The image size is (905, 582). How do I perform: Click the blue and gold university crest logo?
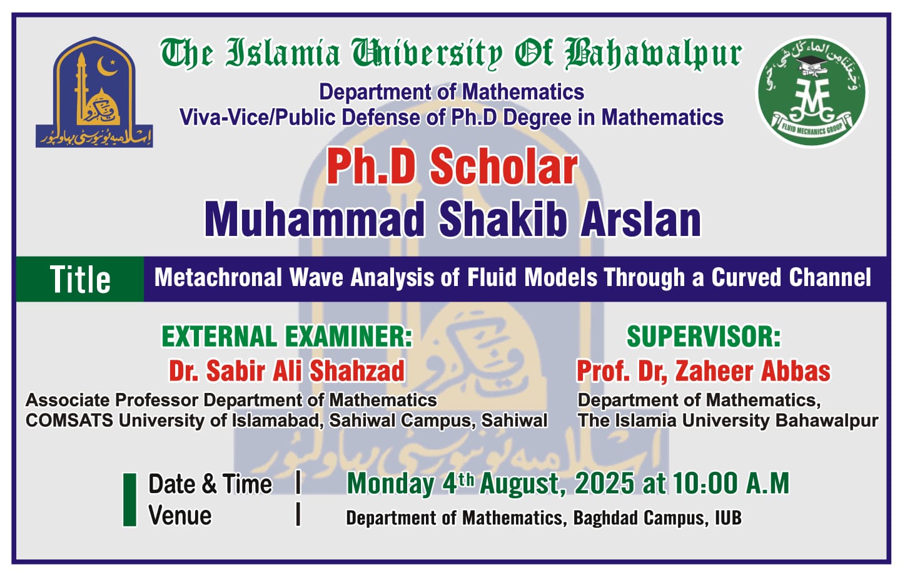[x=94, y=92]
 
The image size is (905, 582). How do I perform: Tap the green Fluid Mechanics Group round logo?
[x=812, y=92]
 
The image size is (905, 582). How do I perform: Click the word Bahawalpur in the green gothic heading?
[x=654, y=54]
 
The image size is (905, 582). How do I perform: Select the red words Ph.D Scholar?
[x=452, y=166]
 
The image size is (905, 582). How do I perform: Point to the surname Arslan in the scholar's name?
[x=640, y=219]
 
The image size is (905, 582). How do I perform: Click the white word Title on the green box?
[x=80, y=279]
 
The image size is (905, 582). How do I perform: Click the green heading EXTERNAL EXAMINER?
[x=286, y=337]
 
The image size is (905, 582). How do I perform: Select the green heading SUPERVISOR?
[x=704, y=337]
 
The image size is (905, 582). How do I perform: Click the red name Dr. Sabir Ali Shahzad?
[x=286, y=370]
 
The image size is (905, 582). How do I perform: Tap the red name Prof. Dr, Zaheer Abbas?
[x=703, y=370]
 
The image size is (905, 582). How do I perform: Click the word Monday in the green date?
[x=391, y=483]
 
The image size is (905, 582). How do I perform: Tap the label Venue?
[x=180, y=516]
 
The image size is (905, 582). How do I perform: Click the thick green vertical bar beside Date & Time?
[x=129, y=499]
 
